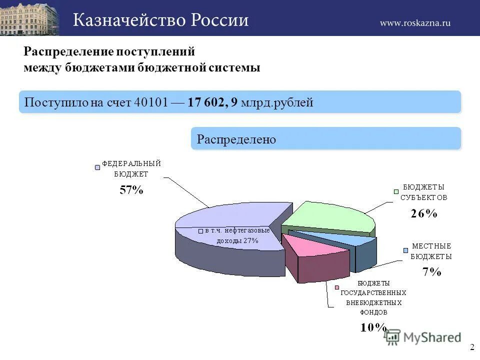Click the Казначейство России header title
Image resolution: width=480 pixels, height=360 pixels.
click(161, 20)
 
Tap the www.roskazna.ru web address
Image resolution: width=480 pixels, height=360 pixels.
click(415, 22)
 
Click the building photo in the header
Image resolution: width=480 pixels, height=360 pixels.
click(29, 18)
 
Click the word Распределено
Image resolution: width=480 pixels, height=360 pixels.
click(236, 139)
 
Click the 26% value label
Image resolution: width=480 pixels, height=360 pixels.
click(424, 213)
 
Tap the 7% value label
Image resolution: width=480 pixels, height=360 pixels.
click(431, 271)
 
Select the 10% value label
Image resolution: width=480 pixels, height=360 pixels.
click(373, 327)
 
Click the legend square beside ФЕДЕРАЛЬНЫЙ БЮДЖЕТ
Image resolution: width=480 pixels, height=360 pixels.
click(97, 167)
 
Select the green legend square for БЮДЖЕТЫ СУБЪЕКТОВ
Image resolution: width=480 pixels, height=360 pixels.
click(395, 191)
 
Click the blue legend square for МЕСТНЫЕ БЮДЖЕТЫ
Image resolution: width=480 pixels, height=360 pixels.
click(406, 250)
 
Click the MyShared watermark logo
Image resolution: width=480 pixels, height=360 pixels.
click(422, 337)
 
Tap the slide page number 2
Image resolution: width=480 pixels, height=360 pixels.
click(471, 348)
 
